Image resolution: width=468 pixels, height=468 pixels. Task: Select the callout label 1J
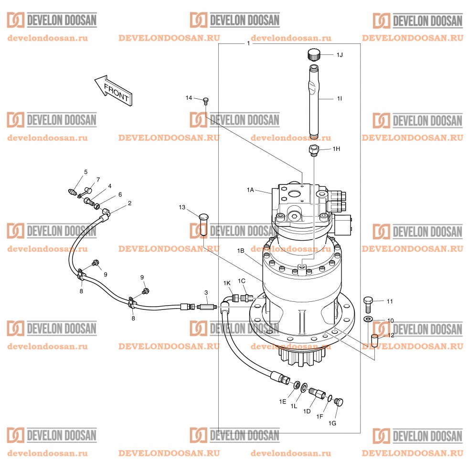click(340, 55)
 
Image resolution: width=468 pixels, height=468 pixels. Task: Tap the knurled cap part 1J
click(314, 54)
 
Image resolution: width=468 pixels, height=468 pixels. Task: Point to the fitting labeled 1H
click(313, 150)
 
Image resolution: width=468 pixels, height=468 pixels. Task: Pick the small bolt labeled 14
click(206, 100)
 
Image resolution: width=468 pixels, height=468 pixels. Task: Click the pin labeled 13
click(203, 223)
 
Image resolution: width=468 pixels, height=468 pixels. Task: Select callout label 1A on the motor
click(250, 190)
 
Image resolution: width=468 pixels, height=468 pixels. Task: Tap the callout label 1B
click(241, 250)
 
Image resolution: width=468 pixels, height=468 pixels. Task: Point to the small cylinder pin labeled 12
click(375, 341)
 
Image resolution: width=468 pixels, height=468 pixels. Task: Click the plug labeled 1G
click(340, 402)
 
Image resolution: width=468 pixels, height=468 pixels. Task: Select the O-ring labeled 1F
click(330, 398)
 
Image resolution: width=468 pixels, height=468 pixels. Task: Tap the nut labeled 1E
click(297, 384)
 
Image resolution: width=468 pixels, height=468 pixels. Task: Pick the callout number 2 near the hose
click(129, 203)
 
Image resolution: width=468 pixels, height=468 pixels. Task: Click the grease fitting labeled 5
click(73, 192)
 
